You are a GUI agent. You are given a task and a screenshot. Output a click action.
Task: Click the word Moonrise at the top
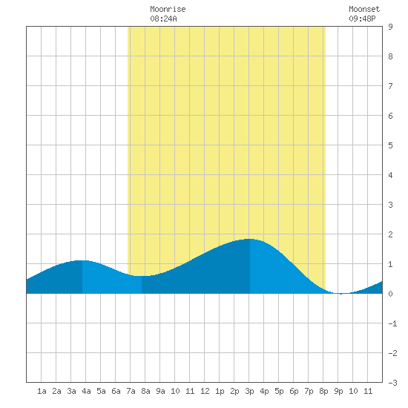168,9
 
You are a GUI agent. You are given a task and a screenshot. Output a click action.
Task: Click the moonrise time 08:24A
163,19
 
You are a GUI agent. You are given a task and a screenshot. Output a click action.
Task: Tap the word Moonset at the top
364,9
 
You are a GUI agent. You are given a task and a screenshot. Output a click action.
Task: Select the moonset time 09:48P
362,19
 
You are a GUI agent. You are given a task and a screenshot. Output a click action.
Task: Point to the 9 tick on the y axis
390,27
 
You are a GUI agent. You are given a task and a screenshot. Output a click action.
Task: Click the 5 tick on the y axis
390,145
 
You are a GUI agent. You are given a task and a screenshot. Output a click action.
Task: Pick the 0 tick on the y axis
390,294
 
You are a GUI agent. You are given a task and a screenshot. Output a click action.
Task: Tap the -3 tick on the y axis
392,383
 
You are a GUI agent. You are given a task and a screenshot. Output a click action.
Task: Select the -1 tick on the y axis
392,323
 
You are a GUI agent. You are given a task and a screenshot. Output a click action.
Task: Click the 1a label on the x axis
42,391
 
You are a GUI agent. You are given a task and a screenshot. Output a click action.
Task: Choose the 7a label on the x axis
131,391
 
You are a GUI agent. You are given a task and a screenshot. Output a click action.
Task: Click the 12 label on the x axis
205,391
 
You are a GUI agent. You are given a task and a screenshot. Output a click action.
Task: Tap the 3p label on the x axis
249,391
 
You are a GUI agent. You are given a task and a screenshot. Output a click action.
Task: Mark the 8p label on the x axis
323,391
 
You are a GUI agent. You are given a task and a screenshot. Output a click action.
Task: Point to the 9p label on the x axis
338,391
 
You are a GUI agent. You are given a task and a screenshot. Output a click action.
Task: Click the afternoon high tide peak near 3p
249,239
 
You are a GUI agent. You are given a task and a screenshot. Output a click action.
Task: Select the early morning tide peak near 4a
82,260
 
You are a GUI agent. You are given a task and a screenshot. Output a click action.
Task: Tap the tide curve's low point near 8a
142,276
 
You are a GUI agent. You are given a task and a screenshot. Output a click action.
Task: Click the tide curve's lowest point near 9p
340,294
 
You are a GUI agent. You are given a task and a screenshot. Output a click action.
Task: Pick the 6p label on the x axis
294,391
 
